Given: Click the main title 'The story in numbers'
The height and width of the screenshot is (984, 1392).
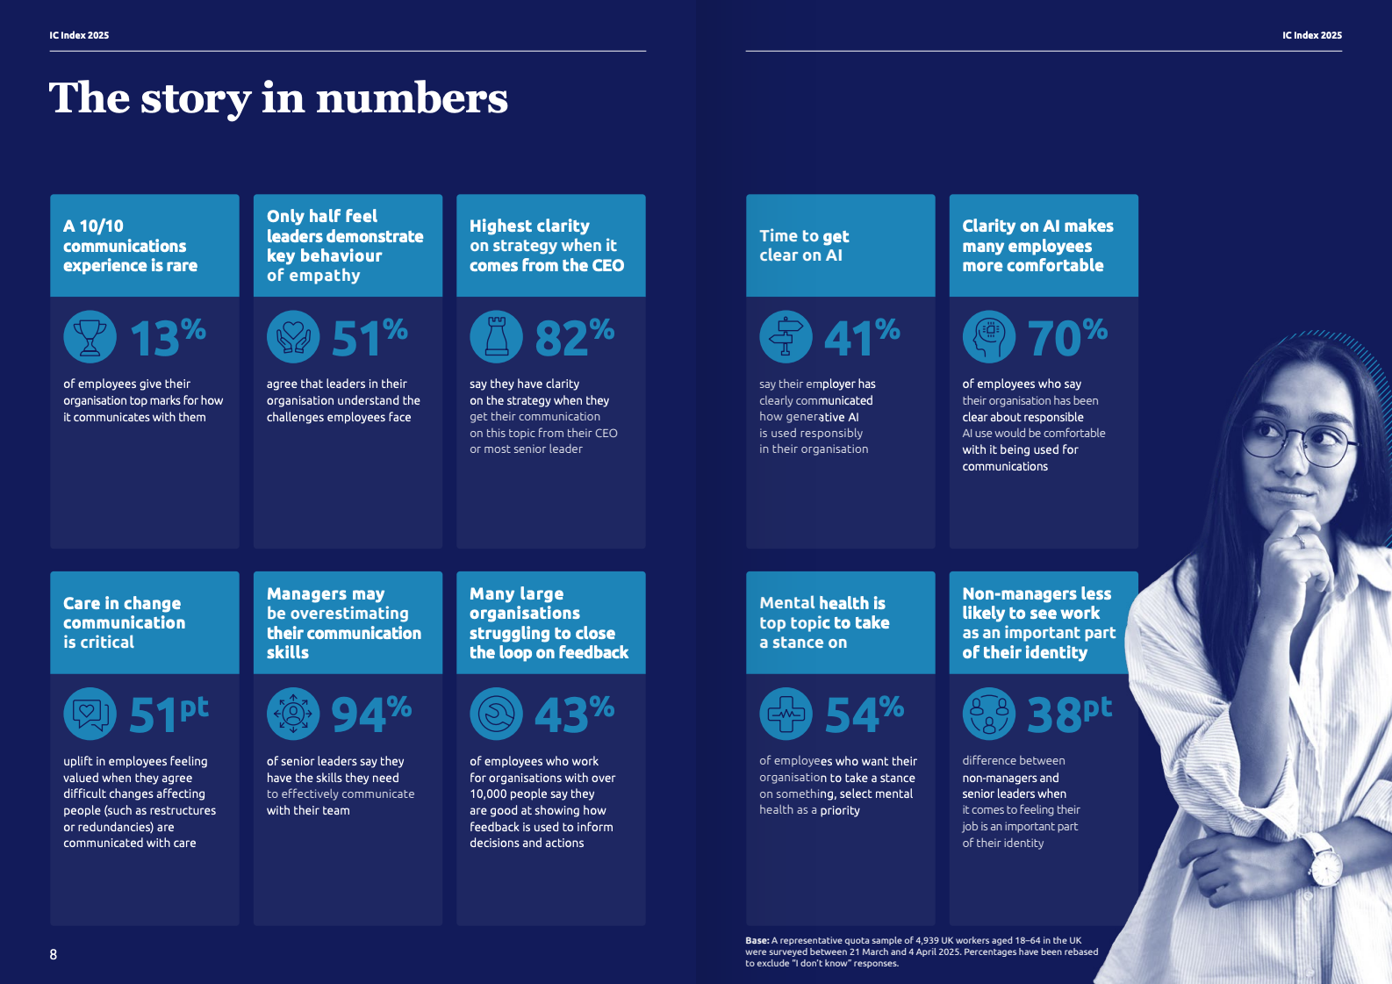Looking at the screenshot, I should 278,97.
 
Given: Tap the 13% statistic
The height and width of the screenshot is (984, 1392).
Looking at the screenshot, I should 168,337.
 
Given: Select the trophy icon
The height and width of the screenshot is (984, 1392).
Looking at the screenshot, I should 90,337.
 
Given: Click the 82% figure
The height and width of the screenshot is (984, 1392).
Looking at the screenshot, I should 574,337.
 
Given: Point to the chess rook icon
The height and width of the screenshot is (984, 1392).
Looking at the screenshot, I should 497,337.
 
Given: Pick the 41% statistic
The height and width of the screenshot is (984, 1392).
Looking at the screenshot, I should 862,337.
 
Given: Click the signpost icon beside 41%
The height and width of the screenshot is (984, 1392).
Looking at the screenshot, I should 786,337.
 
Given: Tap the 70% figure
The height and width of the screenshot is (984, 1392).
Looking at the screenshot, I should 1066,337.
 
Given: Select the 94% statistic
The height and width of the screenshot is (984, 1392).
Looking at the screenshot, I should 370,715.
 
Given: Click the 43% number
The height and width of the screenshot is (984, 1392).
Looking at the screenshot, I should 574,715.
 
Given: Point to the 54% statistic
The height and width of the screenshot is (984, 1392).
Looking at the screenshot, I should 864,715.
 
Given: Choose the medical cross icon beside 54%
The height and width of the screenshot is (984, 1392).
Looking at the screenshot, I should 786,715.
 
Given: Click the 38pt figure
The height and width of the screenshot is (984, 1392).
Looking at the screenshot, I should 1069,715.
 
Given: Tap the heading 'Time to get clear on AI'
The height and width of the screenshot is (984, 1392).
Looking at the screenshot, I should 804,246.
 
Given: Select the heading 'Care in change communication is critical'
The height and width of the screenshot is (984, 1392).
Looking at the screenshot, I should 124,622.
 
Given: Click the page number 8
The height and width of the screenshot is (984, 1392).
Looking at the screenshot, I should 54,954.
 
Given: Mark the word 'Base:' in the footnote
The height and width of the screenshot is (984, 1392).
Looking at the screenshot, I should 757,941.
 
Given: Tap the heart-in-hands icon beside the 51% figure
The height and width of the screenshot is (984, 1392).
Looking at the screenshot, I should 293,337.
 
